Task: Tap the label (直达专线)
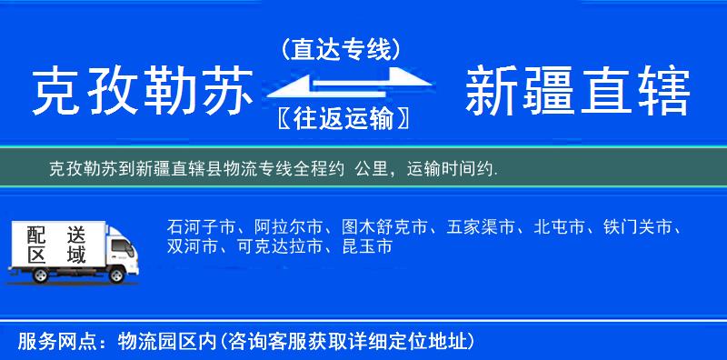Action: point(341,49)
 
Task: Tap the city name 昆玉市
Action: point(367,246)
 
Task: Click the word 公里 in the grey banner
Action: point(375,168)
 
